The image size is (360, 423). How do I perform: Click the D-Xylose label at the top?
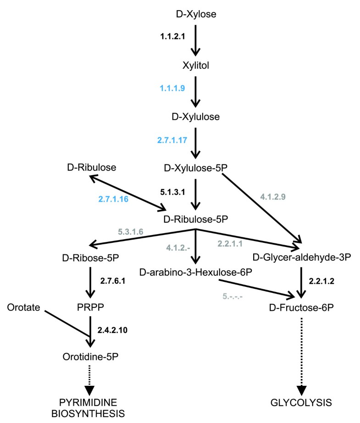(x=196, y=15)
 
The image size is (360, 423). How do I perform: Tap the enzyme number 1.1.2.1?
(x=172, y=37)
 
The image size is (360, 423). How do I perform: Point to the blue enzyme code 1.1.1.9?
(x=172, y=88)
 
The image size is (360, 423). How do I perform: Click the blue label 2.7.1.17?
(x=172, y=140)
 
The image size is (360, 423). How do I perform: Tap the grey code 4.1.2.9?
(x=273, y=198)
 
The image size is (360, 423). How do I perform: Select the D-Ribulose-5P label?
(x=196, y=219)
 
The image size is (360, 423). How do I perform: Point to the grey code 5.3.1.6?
(x=131, y=232)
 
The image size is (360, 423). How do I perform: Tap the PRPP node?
(x=90, y=304)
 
